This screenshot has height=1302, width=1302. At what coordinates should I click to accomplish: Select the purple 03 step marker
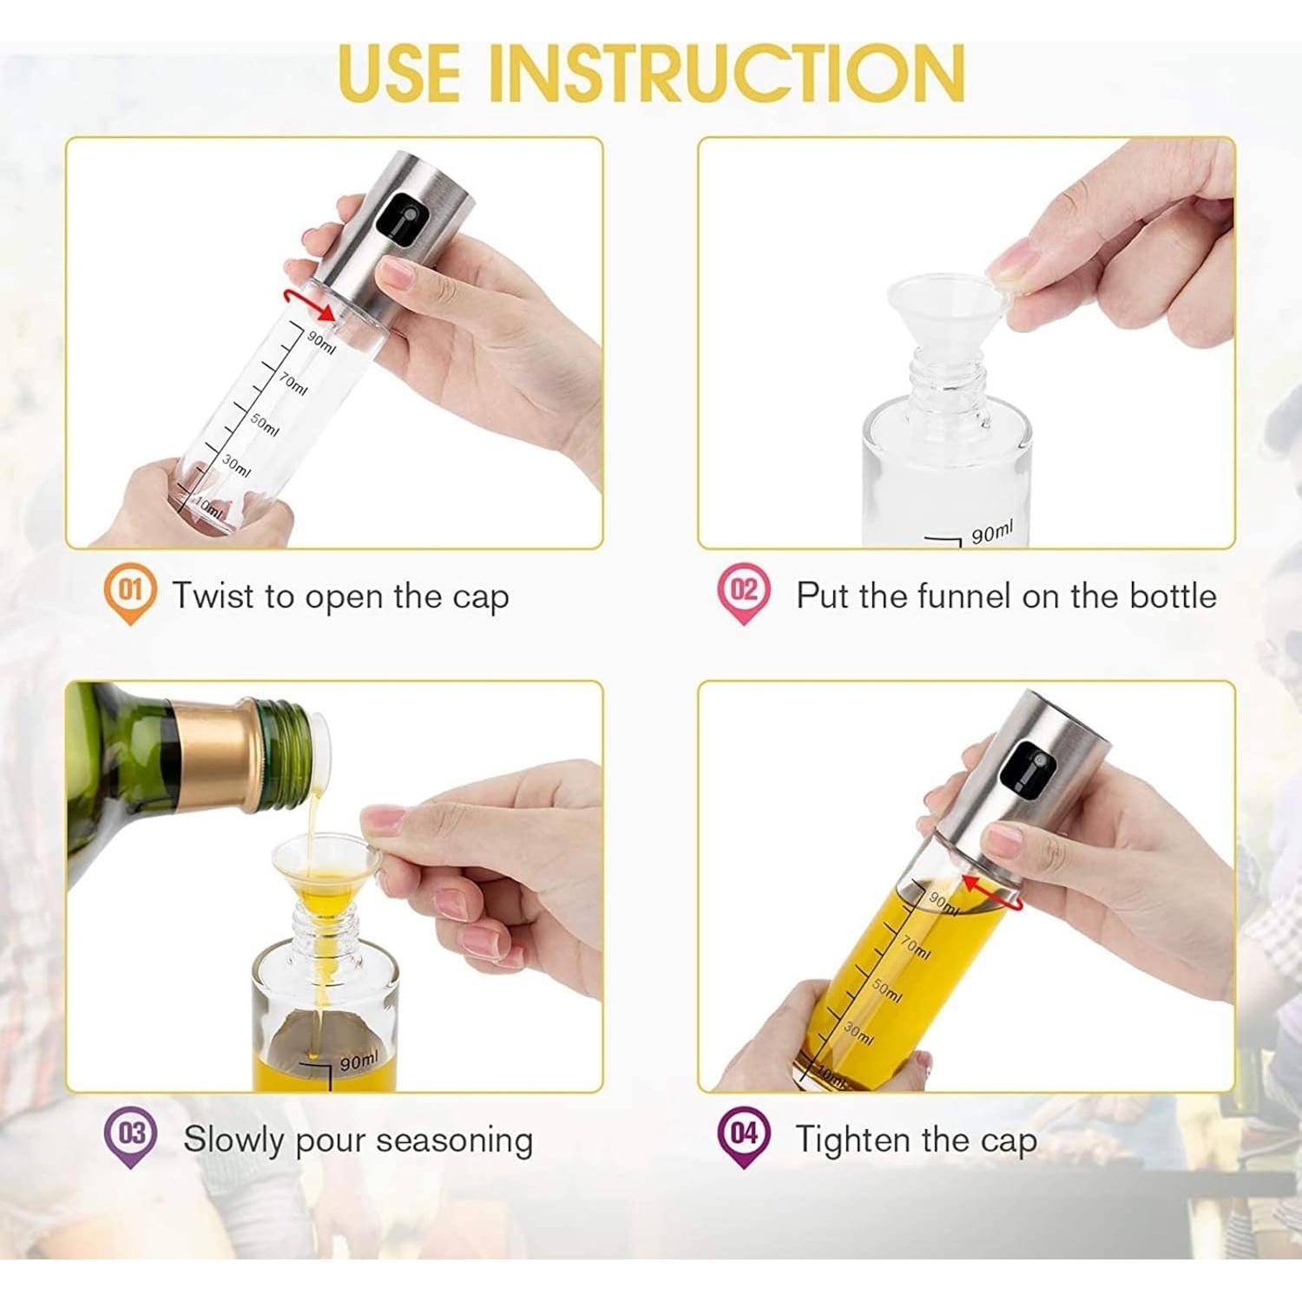tap(131, 1135)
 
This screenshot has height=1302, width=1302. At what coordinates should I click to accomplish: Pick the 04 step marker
tap(744, 1135)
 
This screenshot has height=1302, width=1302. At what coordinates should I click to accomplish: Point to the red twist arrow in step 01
tap(310, 303)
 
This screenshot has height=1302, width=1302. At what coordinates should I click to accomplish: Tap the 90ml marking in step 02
tap(991, 531)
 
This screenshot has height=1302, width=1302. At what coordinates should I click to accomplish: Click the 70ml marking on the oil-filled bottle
tap(915, 947)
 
